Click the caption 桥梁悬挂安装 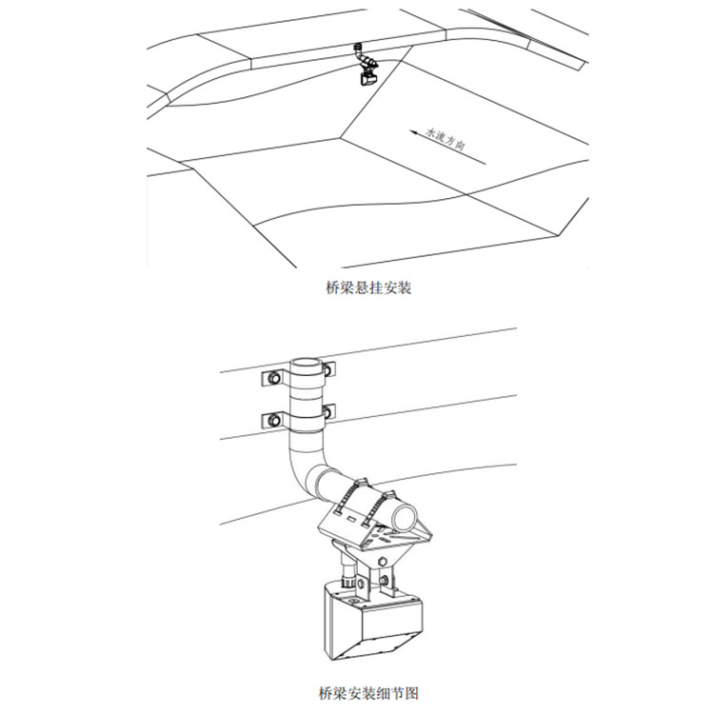click(x=368, y=288)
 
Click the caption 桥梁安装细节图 click(x=368, y=693)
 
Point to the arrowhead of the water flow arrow click(x=413, y=132)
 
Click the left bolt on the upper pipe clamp click(x=274, y=378)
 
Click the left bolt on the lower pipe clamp click(x=274, y=420)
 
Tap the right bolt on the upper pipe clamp click(x=327, y=368)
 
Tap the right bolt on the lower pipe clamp click(x=327, y=411)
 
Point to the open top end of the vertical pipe click(x=306, y=365)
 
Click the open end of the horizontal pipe click(x=406, y=517)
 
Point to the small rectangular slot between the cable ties click(x=352, y=518)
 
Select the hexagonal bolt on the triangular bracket click(x=383, y=561)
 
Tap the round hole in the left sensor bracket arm click(x=360, y=584)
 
